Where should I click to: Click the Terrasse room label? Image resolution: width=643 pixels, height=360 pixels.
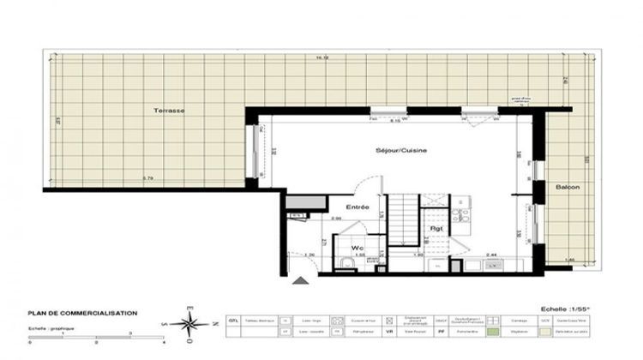coord(169,112)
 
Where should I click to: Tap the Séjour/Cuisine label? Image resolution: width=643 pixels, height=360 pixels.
coord(400,151)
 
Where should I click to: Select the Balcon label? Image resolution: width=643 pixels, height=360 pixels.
coord(567,188)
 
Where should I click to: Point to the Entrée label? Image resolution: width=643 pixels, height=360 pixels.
coord(358,207)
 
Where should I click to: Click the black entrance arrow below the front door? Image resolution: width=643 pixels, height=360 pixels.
coord(299,279)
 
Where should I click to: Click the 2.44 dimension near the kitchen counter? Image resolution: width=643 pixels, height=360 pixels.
coord(491,255)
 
